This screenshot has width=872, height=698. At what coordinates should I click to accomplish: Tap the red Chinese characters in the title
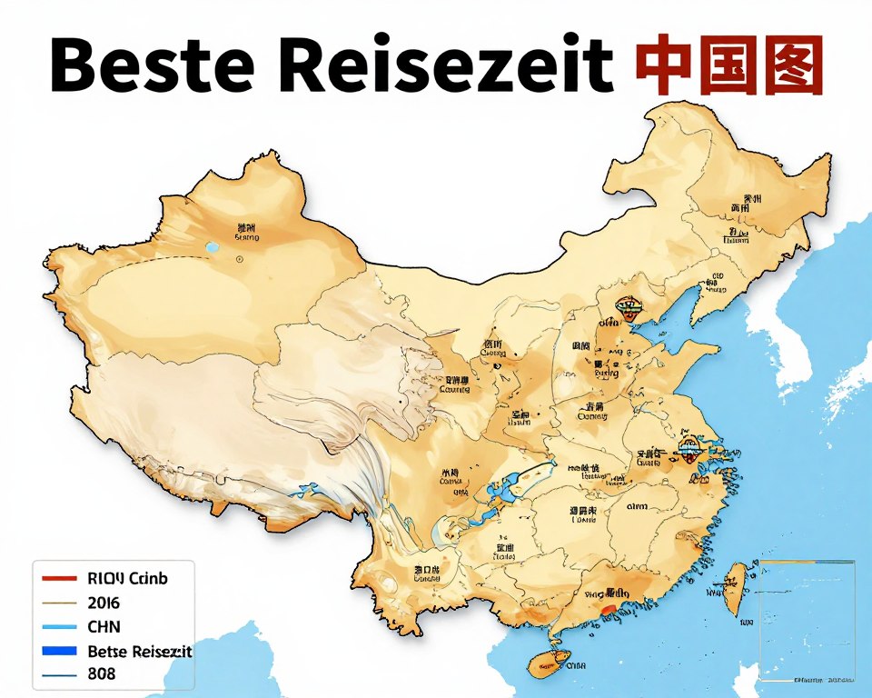[x=729, y=65]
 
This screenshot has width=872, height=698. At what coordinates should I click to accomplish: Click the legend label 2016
[x=104, y=603]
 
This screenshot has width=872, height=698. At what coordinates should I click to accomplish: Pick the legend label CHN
[x=104, y=627]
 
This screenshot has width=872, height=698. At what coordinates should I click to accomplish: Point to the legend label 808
[x=102, y=675]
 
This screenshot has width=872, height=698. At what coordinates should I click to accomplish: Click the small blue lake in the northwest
[x=213, y=247]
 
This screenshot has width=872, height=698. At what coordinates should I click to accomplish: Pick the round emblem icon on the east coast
[x=690, y=453]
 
